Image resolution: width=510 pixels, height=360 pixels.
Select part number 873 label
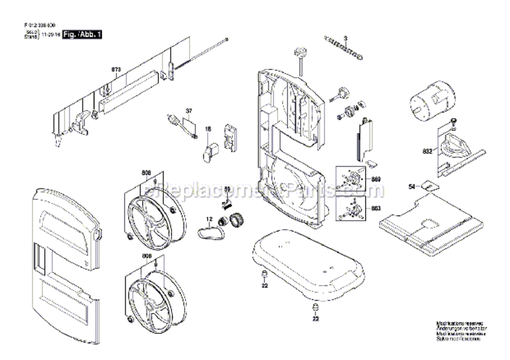click(116, 70)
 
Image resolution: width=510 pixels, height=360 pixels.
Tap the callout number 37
click(189, 110)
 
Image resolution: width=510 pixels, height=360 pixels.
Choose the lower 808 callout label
click(146, 256)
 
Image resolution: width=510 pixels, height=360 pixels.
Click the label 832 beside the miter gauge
click(427, 151)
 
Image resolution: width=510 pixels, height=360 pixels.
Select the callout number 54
click(411, 186)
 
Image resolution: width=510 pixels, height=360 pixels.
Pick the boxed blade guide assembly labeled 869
click(353, 180)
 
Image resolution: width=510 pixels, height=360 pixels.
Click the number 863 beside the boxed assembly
click(376, 208)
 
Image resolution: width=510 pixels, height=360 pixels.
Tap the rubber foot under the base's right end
click(316, 307)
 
